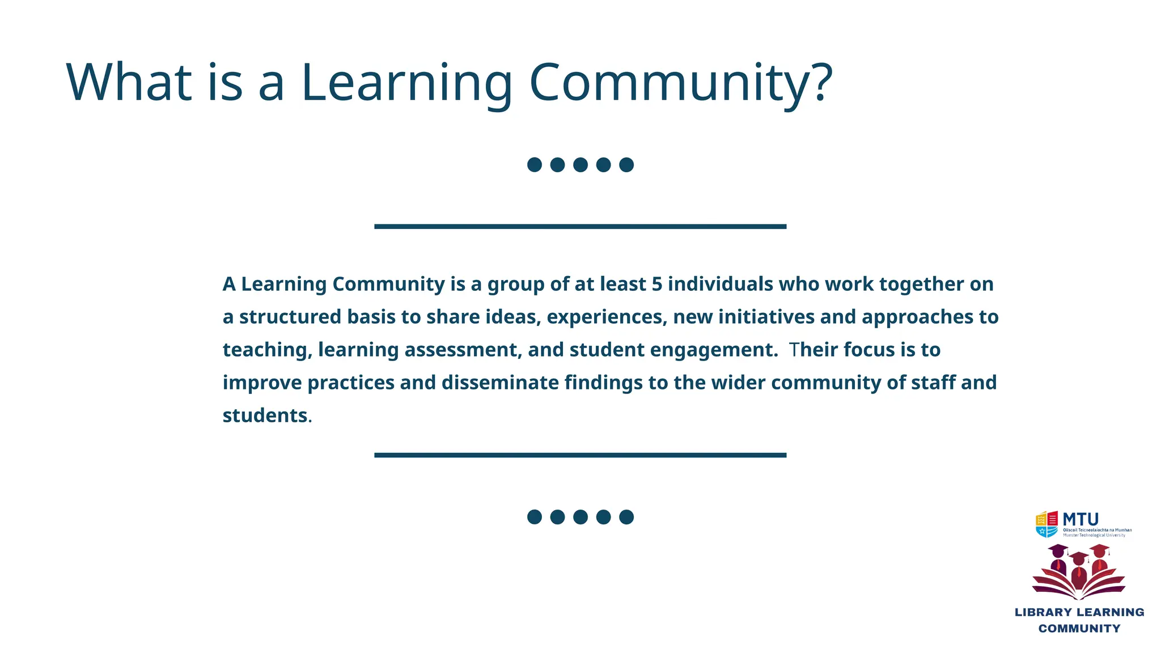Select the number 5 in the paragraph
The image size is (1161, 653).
(x=657, y=284)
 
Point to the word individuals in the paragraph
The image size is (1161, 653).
(x=721, y=284)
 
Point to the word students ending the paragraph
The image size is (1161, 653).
(x=265, y=415)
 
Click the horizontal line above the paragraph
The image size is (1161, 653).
(x=580, y=227)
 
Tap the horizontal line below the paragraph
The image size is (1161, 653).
(x=580, y=455)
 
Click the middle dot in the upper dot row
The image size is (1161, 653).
(x=580, y=165)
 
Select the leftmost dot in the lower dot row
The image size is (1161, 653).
(x=535, y=517)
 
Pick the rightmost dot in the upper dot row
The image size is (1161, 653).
(x=626, y=165)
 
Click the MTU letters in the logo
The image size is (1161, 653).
(x=1081, y=519)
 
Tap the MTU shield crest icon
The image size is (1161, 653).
(x=1046, y=524)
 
